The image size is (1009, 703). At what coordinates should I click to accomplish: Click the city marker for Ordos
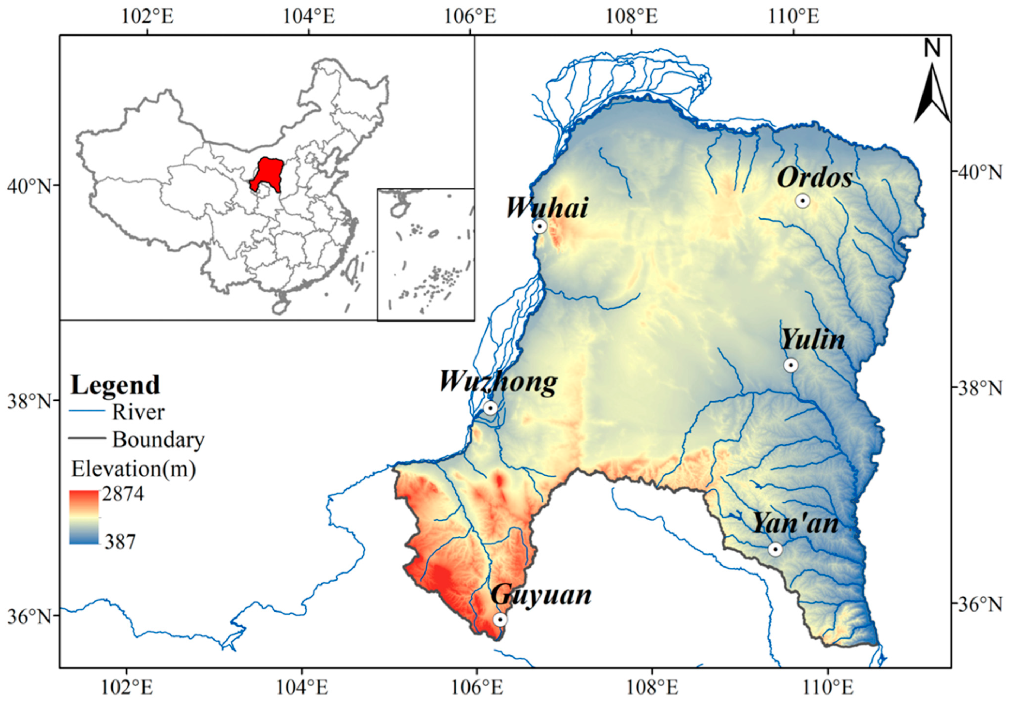pyautogui.click(x=803, y=201)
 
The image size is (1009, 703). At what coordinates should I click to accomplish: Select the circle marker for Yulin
pyautogui.click(x=791, y=365)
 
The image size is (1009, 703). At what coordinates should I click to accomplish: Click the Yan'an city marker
pyautogui.click(x=775, y=550)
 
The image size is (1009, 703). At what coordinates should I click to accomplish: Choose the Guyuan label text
pyautogui.click(x=541, y=595)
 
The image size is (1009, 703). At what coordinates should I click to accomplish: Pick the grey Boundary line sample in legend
pyautogui.click(x=87, y=438)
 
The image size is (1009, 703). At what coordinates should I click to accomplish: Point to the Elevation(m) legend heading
pyautogui.click(x=134, y=469)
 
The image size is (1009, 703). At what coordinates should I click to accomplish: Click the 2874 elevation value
pyautogui.click(x=123, y=494)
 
